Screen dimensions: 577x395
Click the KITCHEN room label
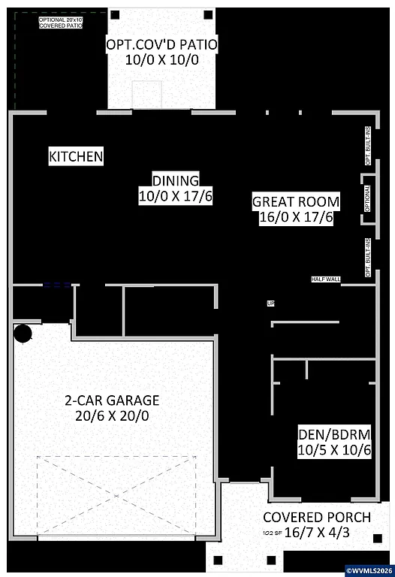click(76, 157)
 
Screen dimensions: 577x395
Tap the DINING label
click(176, 180)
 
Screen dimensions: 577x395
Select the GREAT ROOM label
click(296, 201)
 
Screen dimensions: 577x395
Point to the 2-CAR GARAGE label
click(111, 400)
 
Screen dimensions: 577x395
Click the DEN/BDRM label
click(334, 434)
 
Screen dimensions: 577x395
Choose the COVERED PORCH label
click(316, 517)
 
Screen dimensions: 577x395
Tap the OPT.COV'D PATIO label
click(161, 45)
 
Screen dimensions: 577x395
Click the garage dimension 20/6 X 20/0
click(111, 415)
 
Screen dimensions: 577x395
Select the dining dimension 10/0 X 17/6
click(176, 196)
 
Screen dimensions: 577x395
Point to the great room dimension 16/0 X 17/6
click(296, 218)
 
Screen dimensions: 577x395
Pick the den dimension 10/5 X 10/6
click(334, 450)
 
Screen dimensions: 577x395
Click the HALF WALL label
click(326, 279)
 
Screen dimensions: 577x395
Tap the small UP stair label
click(270, 304)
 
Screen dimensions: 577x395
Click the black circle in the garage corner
click(23, 333)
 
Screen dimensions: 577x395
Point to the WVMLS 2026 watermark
click(369, 569)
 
